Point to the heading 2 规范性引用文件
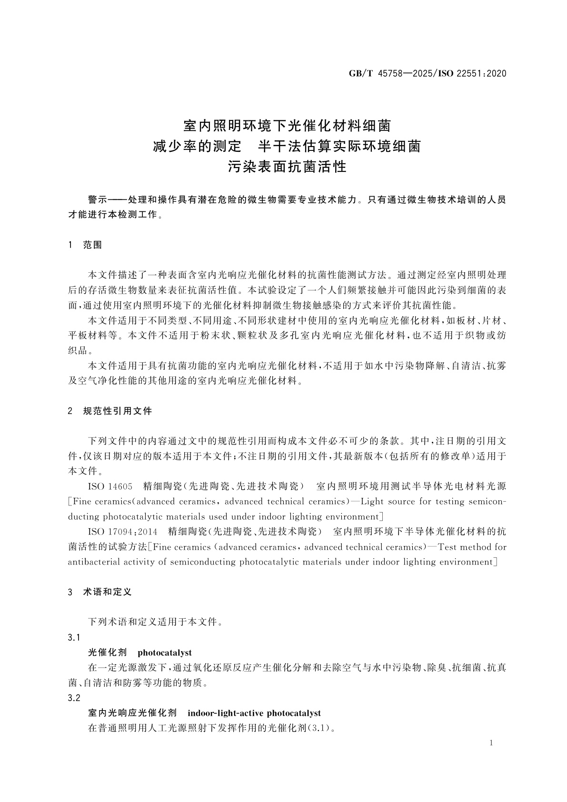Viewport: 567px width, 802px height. [110, 411]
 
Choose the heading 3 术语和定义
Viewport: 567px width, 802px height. [100, 592]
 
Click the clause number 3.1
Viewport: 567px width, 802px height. [74, 637]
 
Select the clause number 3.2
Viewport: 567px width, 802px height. [74, 698]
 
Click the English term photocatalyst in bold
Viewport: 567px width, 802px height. [164, 653]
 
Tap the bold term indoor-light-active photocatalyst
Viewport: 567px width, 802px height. [254, 713]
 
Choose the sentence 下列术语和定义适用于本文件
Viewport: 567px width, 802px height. [153, 622]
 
